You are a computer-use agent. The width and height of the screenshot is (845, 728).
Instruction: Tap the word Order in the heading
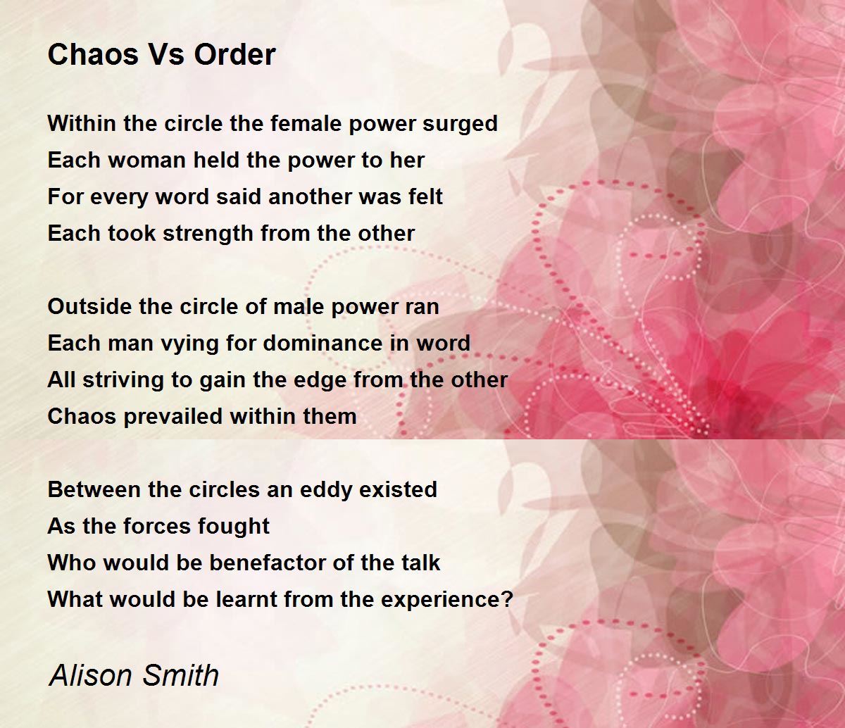[234, 54]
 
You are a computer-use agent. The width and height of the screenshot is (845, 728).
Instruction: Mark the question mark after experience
[507, 599]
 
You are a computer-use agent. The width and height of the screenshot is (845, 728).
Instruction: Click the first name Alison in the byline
[92, 674]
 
